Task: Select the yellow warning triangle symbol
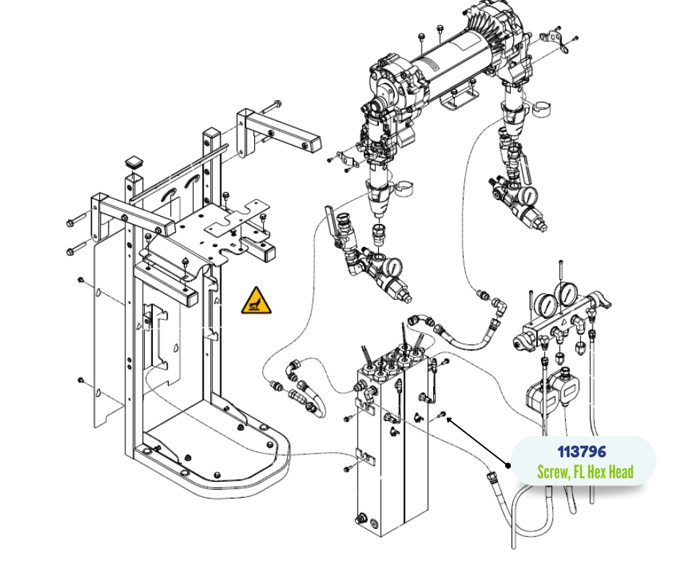pos(257,301)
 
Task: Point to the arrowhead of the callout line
pos(448,419)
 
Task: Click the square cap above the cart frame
pos(133,161)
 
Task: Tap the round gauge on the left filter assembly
pos(393,267)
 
